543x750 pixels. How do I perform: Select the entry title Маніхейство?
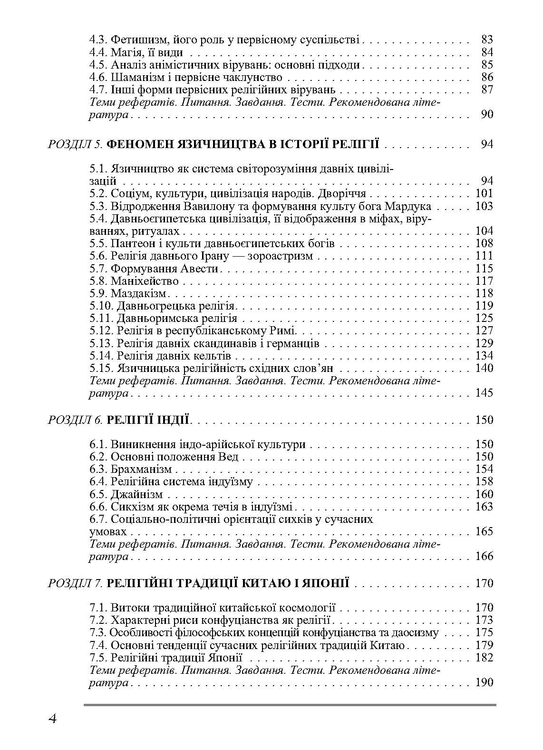point(145,281)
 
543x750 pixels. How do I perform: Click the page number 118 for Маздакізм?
point(484,293)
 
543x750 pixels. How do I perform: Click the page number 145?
point(484,393)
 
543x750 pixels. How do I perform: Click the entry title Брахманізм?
point(141,469)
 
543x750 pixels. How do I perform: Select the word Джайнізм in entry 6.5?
point(137,494)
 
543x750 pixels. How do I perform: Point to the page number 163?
point(484,506)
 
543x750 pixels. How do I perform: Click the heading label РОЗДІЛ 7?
point(76,583)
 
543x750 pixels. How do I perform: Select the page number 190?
point(484,682)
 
